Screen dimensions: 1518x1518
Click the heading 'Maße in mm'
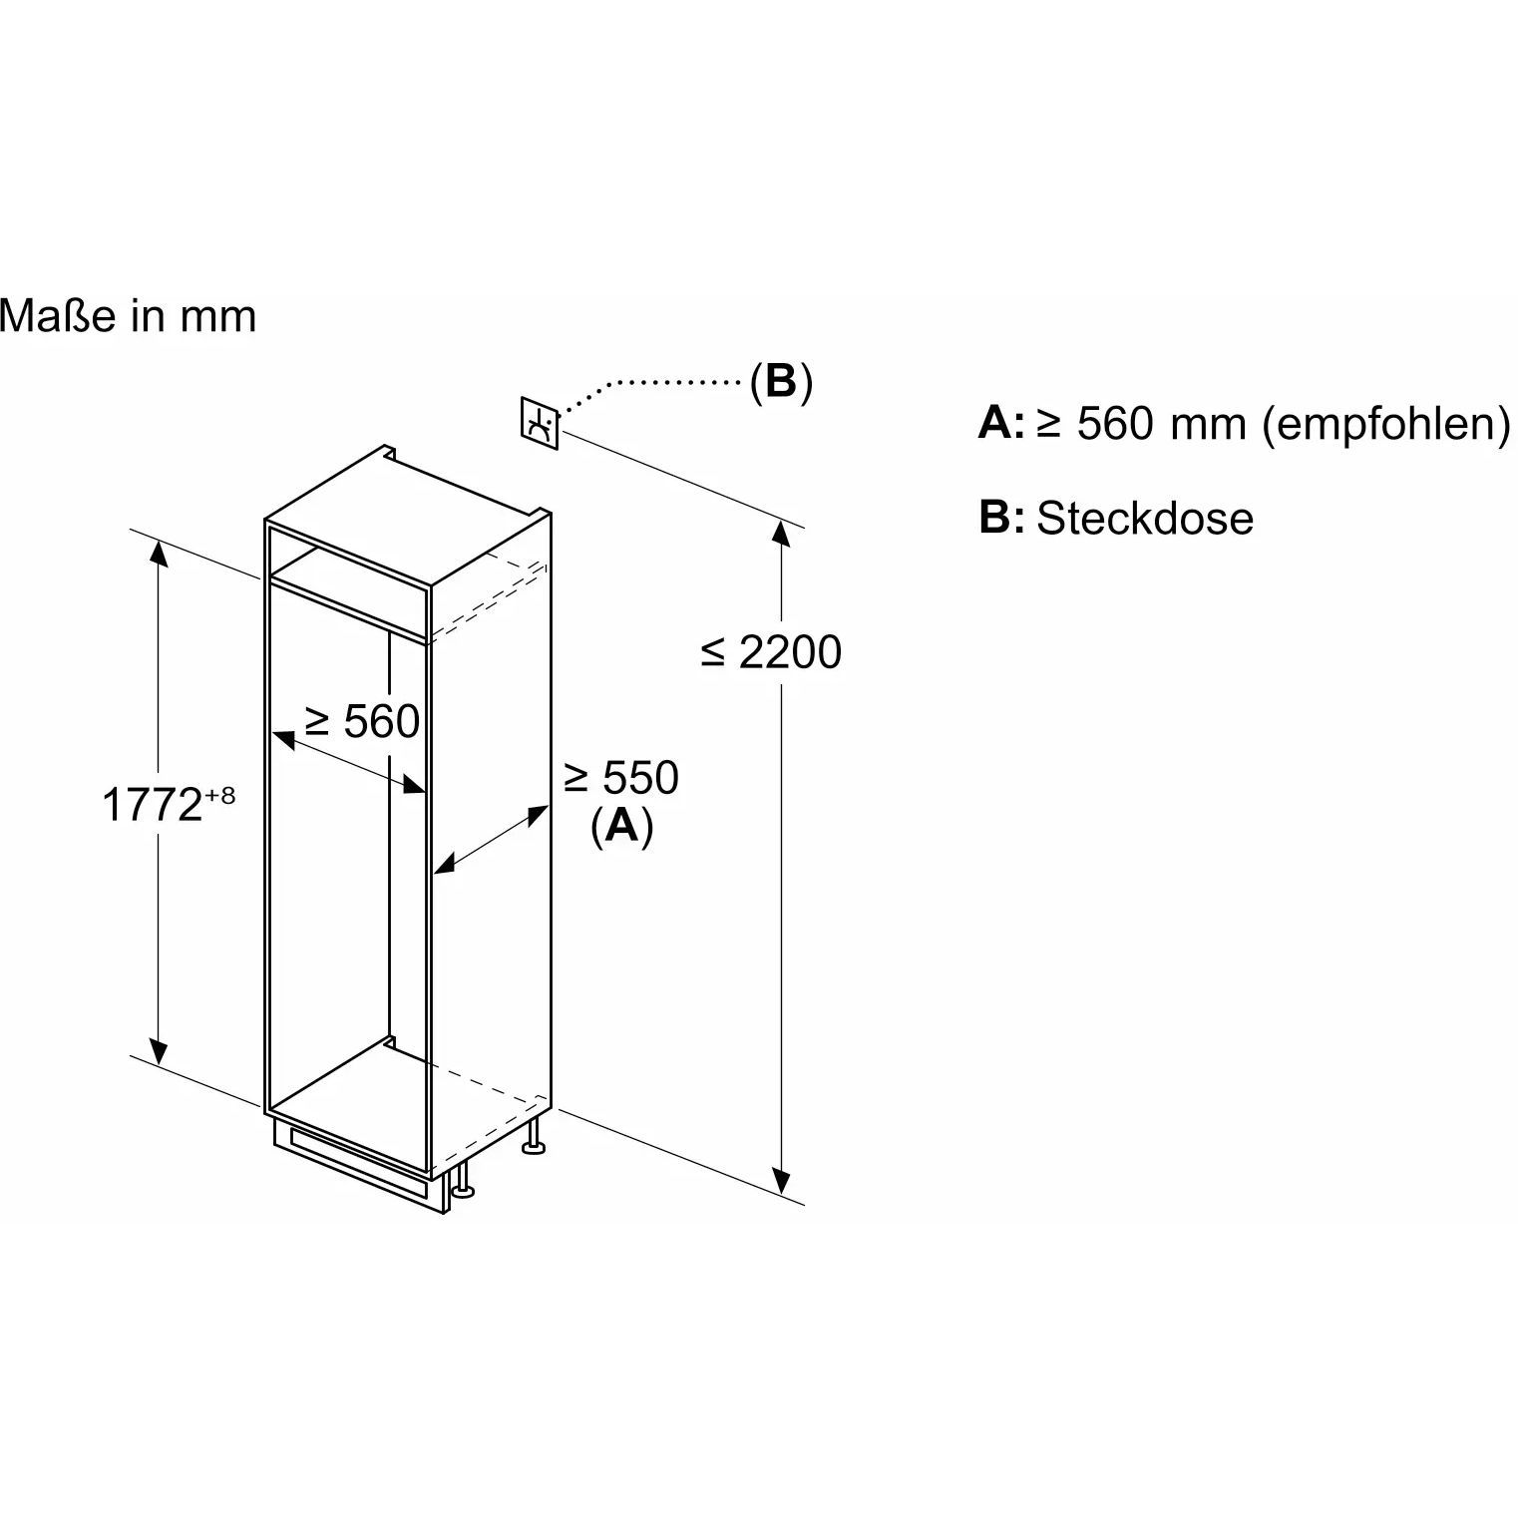pos(128,317)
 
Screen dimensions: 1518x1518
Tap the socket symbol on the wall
pos(540,424)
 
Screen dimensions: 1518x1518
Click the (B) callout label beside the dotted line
pos(781,382)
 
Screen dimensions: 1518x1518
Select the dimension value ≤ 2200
pos(771,652)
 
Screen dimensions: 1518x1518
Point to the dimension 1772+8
pos(169,803)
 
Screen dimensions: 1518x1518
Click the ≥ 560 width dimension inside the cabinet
pos(362,721)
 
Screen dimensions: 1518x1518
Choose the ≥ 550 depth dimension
pos(621,778)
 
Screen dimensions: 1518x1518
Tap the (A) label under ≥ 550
pos(622,826)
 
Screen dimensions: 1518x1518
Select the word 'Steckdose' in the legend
pos(1145,519)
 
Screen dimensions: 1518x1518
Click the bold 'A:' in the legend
pos(1001,423)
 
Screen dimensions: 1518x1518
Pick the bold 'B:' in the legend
pos(1001,518)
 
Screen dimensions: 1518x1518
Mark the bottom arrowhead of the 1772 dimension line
pos(158,1051)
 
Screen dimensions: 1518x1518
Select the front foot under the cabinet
pos(463,1179)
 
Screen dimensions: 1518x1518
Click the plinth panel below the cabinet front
pos(359,1163)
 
